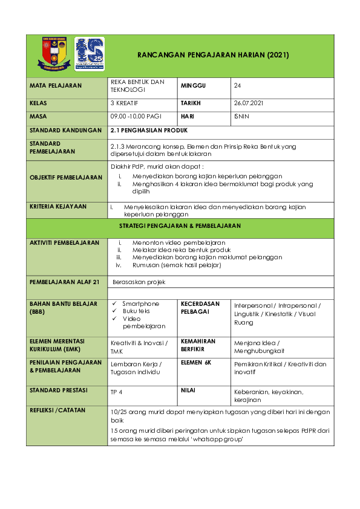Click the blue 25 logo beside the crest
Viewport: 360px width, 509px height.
pyautogui.click(x=90, y=53)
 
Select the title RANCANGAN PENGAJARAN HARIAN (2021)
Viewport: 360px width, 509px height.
pyautogui.click(x=214, y=55)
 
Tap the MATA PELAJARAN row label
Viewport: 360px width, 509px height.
pyautogui.click(x=56, y=86)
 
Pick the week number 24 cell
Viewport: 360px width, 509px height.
pyautogui.click(x=237, y=86)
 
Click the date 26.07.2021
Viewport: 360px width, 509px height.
pyautogui.click(x=249, y=103)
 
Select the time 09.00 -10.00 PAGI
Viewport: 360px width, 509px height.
pyautogui.click(x=136, y=116)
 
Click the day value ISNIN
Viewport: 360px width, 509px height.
pyautogui.click(x=241, y=116)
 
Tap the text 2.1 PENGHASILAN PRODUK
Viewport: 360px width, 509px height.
pyautogui.click(x=149, y=130)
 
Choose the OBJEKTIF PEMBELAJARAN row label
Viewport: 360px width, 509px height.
pyautogui.click(x=66, y=177)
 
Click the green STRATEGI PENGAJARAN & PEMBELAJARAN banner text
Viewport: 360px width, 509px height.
pyautogui.click(x=180, y=225)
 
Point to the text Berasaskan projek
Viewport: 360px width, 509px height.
pyautogui.click(x=139, y=282)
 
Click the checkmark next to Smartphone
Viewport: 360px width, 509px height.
pyautogui.click(x=115, y=303)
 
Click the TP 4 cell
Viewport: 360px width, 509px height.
pyautogui.click(x=116, y=392)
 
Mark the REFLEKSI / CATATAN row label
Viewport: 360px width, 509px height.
pyautogui.click(x=57, y=410)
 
